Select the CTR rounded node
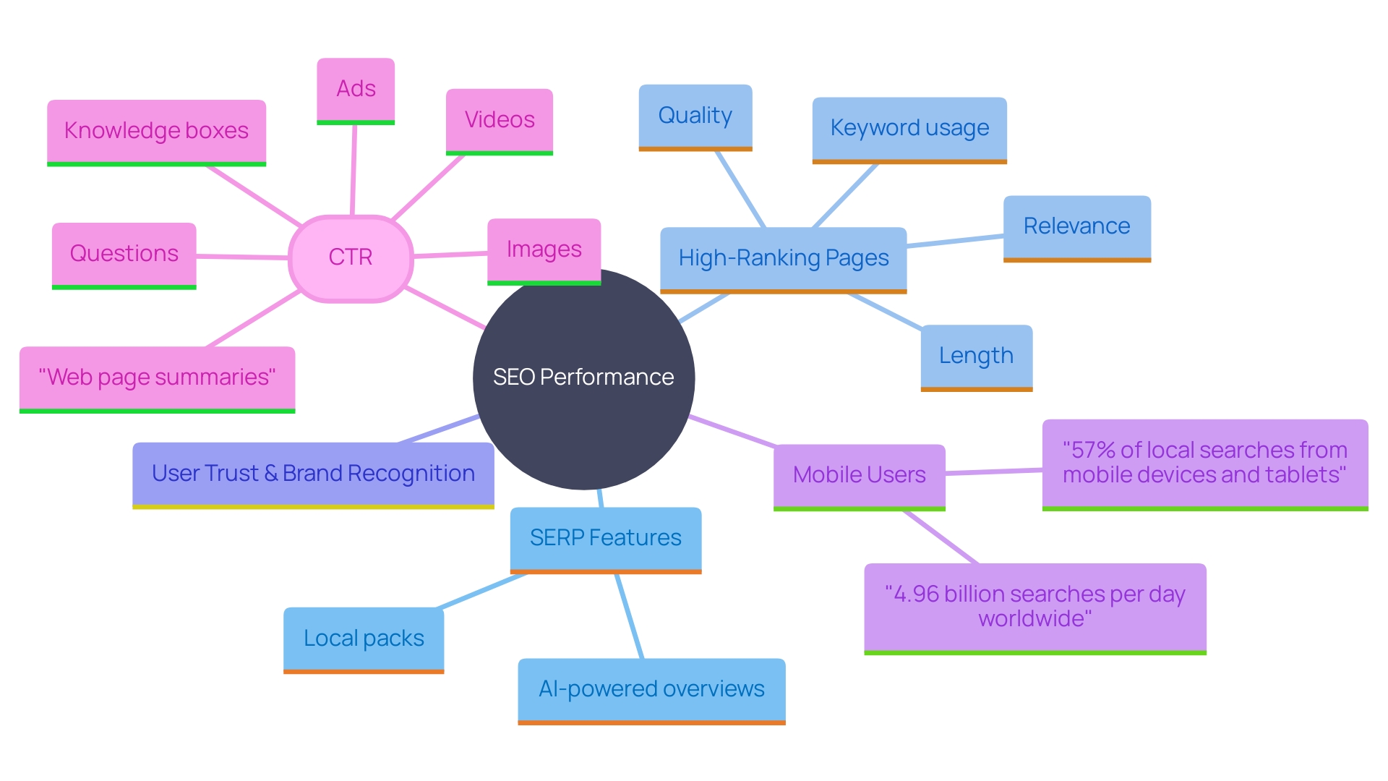coord(351,257)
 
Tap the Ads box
coord(356,90)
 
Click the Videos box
coord(499,120)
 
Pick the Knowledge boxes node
coord(156,132)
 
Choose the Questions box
coord(124,254)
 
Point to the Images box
coord(544,250)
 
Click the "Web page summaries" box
coord(157,377)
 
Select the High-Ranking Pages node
coord(783,259)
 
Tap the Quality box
coord(695,116)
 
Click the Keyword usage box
coord(909,129)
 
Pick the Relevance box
coord(1076,227)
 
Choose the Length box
coord(976,356)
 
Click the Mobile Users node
coord(859,475)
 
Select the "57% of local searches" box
coord(1204,463)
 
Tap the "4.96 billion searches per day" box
coord(1034,607)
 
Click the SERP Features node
coord(605,539)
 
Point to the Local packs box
coord(364,639)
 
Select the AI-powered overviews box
coord(651,689)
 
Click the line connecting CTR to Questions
coord(242,256)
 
